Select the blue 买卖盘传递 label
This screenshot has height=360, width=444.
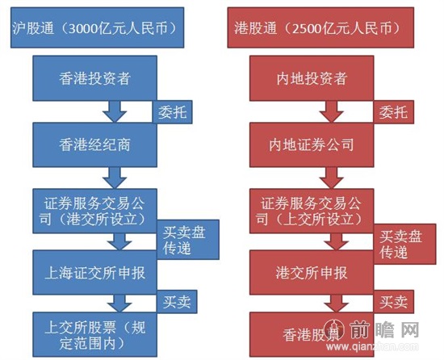[184, 241]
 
